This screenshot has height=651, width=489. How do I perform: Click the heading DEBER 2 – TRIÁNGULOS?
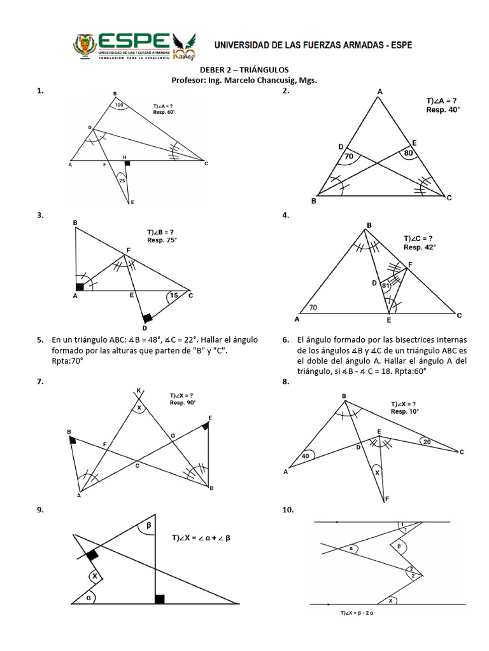click(244, 69)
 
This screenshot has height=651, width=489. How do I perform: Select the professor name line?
click(244, 80)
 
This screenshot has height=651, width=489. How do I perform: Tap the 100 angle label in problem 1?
click(120, 105)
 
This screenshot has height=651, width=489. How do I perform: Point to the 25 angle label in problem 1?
click(122, 181)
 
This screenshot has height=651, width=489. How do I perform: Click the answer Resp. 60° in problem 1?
click(164, 112)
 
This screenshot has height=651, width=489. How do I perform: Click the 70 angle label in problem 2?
click(348, 156)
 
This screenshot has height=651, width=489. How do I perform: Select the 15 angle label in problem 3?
click(174, 295)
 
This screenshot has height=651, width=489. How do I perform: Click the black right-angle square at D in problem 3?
click(147, 317)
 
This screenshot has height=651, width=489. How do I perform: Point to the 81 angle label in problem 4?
click(385, 285)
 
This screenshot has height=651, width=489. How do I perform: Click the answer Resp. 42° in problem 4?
click(420, 247)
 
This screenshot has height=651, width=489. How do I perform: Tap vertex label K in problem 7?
click(139, 390)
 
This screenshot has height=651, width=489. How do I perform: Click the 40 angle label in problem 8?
click(306, 456)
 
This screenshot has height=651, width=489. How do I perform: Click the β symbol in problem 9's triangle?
click(149, 526)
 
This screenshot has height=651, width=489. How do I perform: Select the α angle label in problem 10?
click(351, 547)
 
